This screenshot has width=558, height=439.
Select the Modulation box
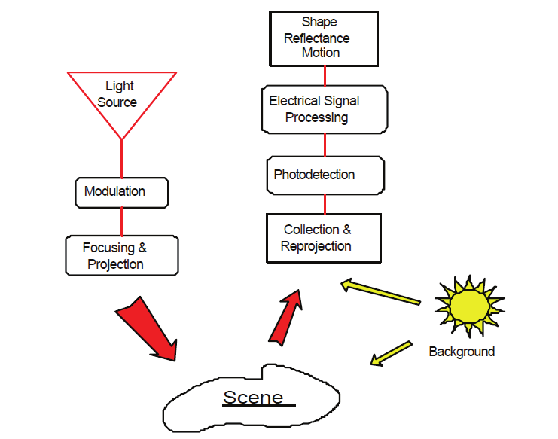(x=121, y=192)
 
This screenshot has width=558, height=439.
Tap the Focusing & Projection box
(x=120, y=256)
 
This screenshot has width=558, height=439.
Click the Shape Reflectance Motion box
(x=322, y=38)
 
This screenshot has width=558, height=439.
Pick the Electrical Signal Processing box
(x=325, y=109)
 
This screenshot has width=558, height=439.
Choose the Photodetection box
(x=325, y=175)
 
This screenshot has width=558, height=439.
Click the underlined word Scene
(x=253, y=397)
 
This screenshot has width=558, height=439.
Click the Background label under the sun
(x=462, y=352)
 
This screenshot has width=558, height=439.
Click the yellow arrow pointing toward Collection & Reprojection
(x=380, y=293)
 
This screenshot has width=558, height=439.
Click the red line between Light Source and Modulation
(x=122, y=158)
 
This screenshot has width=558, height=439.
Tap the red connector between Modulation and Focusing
(x=122, y=221)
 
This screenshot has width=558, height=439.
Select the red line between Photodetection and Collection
(x=325, y=203)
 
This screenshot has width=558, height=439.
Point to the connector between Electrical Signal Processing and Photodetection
(x=325, y=145)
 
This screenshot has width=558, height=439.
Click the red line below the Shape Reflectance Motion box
(x=325, y=75)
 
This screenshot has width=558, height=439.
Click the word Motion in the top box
(x=321, y=53)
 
